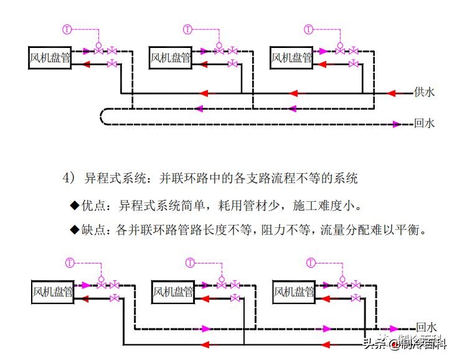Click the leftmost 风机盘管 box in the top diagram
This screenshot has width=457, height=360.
click(x=50, y=58)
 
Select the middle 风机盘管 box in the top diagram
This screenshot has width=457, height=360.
click(x=171, y=58)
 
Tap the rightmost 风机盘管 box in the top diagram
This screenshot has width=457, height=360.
click(x=291, y=58)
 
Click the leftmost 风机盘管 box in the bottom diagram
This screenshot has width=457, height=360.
click(x=52, y=291)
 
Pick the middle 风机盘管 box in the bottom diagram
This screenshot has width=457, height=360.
click(x=173, y=291)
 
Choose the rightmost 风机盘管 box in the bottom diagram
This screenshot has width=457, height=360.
click(x=294, y=291)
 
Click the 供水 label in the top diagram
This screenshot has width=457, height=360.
click(x=425, y=92)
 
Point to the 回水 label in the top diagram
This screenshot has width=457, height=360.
click(x=425, y=123)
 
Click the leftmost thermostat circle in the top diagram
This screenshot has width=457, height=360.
click(x=68, y=29)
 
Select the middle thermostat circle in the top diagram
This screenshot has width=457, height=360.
click(x=188, y=29)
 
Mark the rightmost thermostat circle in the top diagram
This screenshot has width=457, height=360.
click(x=309, y=29)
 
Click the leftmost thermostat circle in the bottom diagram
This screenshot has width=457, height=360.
click(x=70, y=262)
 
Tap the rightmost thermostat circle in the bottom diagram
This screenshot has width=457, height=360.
click(x=311, y=262)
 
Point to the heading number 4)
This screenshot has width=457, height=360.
click(x=68, y=179)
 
